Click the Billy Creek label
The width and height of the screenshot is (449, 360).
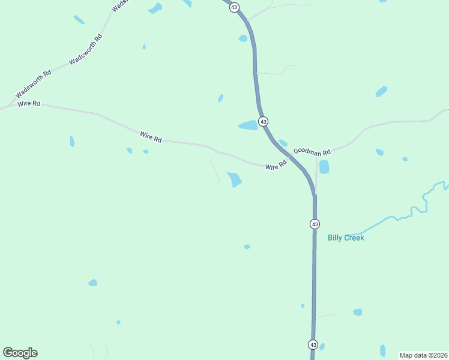[x=346, y=238]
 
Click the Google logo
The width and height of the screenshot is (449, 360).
[x=20, y=353]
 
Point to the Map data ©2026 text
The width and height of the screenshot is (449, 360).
[x=423, y=355]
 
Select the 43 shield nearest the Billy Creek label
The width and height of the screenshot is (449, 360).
[x=315, y=224]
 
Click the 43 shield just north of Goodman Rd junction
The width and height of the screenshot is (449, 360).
[x=264, y=122]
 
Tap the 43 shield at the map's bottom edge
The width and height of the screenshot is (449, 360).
[x=313, y=344]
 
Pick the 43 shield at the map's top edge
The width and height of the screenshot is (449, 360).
[x=234, y=7]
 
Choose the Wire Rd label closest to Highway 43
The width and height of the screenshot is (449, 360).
[x=276, y=166]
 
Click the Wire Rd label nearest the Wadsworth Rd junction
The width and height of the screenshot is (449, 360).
[x=29, y=104]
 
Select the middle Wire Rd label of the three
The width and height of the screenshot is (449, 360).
[x=151, y=137]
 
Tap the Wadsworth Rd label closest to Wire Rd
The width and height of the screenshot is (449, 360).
[x=34, y=83]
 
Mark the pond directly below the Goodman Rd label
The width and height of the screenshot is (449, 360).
[x=324, y=167]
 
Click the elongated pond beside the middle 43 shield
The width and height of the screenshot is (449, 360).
[x=248, y=125]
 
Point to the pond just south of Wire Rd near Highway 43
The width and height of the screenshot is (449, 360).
[x=234, y=179]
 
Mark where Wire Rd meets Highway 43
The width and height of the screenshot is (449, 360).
[x=291, y=157]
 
